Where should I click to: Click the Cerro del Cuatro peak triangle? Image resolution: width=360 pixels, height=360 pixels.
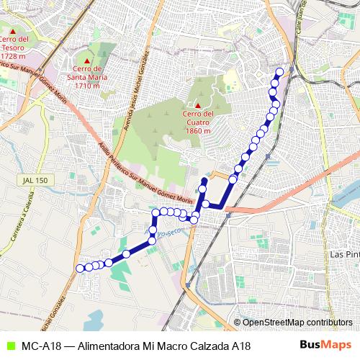click(x=197, y=107)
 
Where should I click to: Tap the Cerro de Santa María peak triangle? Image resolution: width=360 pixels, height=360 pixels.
click(x=88, y=60)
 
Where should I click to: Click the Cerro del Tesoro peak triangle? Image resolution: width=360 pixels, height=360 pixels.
click(x=14, y=30)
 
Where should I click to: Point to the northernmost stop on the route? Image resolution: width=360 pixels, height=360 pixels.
click(x=279, y=71)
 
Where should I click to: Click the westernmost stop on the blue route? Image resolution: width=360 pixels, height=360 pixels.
click(x=79, y=269)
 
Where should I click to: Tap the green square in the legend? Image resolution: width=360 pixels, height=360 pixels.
click(x=9, y=346)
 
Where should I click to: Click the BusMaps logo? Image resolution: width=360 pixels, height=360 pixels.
click(x=325, y=346)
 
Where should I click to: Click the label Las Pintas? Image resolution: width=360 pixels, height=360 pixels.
click(x=343, y=254)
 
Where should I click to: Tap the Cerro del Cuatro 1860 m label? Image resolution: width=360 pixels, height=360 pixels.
click(x=197, y=122)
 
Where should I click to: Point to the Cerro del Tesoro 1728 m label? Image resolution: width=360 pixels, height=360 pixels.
click(x=14, y=48)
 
